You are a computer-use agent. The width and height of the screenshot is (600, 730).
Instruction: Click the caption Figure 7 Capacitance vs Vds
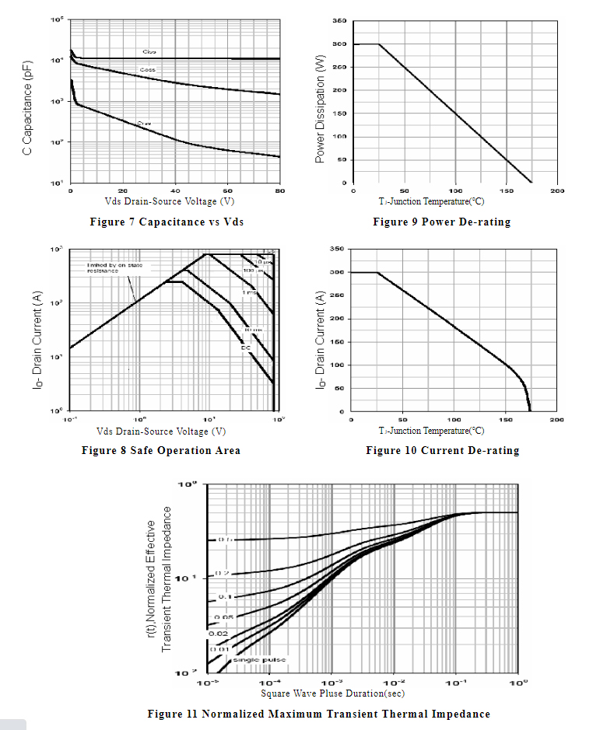167,222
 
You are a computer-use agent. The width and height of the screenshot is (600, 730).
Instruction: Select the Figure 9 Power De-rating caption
441,222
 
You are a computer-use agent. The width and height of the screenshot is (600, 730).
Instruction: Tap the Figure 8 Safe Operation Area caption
160,450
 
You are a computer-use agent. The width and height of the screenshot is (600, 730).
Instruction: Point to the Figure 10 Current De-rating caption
442,450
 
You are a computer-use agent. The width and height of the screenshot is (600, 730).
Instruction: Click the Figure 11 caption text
318,714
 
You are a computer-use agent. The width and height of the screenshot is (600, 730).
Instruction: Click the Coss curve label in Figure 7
147,70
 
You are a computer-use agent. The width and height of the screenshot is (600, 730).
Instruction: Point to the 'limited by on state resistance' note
114,268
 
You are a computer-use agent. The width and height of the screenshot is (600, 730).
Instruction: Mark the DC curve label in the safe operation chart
245,347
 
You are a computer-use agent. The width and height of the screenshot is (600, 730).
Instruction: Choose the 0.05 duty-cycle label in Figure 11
224,617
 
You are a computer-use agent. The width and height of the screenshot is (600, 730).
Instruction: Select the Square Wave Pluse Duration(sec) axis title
332,693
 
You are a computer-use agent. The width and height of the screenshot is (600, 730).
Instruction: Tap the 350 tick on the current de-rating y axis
336,249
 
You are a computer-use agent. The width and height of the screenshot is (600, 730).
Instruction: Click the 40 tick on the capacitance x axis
175,190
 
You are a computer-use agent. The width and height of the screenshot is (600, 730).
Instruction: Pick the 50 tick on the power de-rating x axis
404,190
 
